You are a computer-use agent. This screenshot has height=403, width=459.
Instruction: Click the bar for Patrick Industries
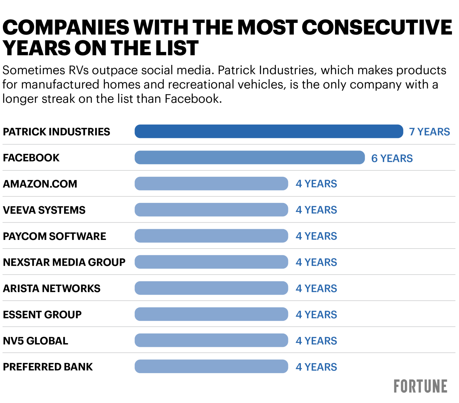tap(269, 131)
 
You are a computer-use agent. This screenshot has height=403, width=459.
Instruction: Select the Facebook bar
tap(250, 157)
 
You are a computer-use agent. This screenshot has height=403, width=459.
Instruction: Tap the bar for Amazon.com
tap(211, 184)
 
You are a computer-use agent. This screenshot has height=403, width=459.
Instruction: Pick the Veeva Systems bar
tap(211, 210)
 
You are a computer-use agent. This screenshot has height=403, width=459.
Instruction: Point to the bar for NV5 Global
tap(211, 340)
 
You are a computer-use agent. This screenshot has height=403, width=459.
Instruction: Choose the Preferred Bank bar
tap(211, 366)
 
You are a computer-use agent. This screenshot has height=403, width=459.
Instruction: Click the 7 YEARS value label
tap(429, 132)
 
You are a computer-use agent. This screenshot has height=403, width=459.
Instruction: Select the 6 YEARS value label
tap(392, 158)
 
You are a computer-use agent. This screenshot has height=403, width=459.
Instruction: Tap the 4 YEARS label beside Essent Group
tap(316, 314)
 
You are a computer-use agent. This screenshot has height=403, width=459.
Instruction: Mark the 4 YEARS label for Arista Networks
tap(316, 288)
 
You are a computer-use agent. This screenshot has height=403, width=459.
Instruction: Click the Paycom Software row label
tap(55, 236)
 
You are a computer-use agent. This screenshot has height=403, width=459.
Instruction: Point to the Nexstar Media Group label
tap(64, 262)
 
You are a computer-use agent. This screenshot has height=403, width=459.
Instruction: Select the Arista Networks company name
tap(52, 288)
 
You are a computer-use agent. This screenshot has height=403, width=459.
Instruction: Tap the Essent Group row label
tap(42, 314)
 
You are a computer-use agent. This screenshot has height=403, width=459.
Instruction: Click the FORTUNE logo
tap(420, 386)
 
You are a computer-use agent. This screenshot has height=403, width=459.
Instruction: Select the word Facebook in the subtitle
tap(192, 99)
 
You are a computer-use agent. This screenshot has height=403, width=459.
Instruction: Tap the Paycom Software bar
tap(211, 236)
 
